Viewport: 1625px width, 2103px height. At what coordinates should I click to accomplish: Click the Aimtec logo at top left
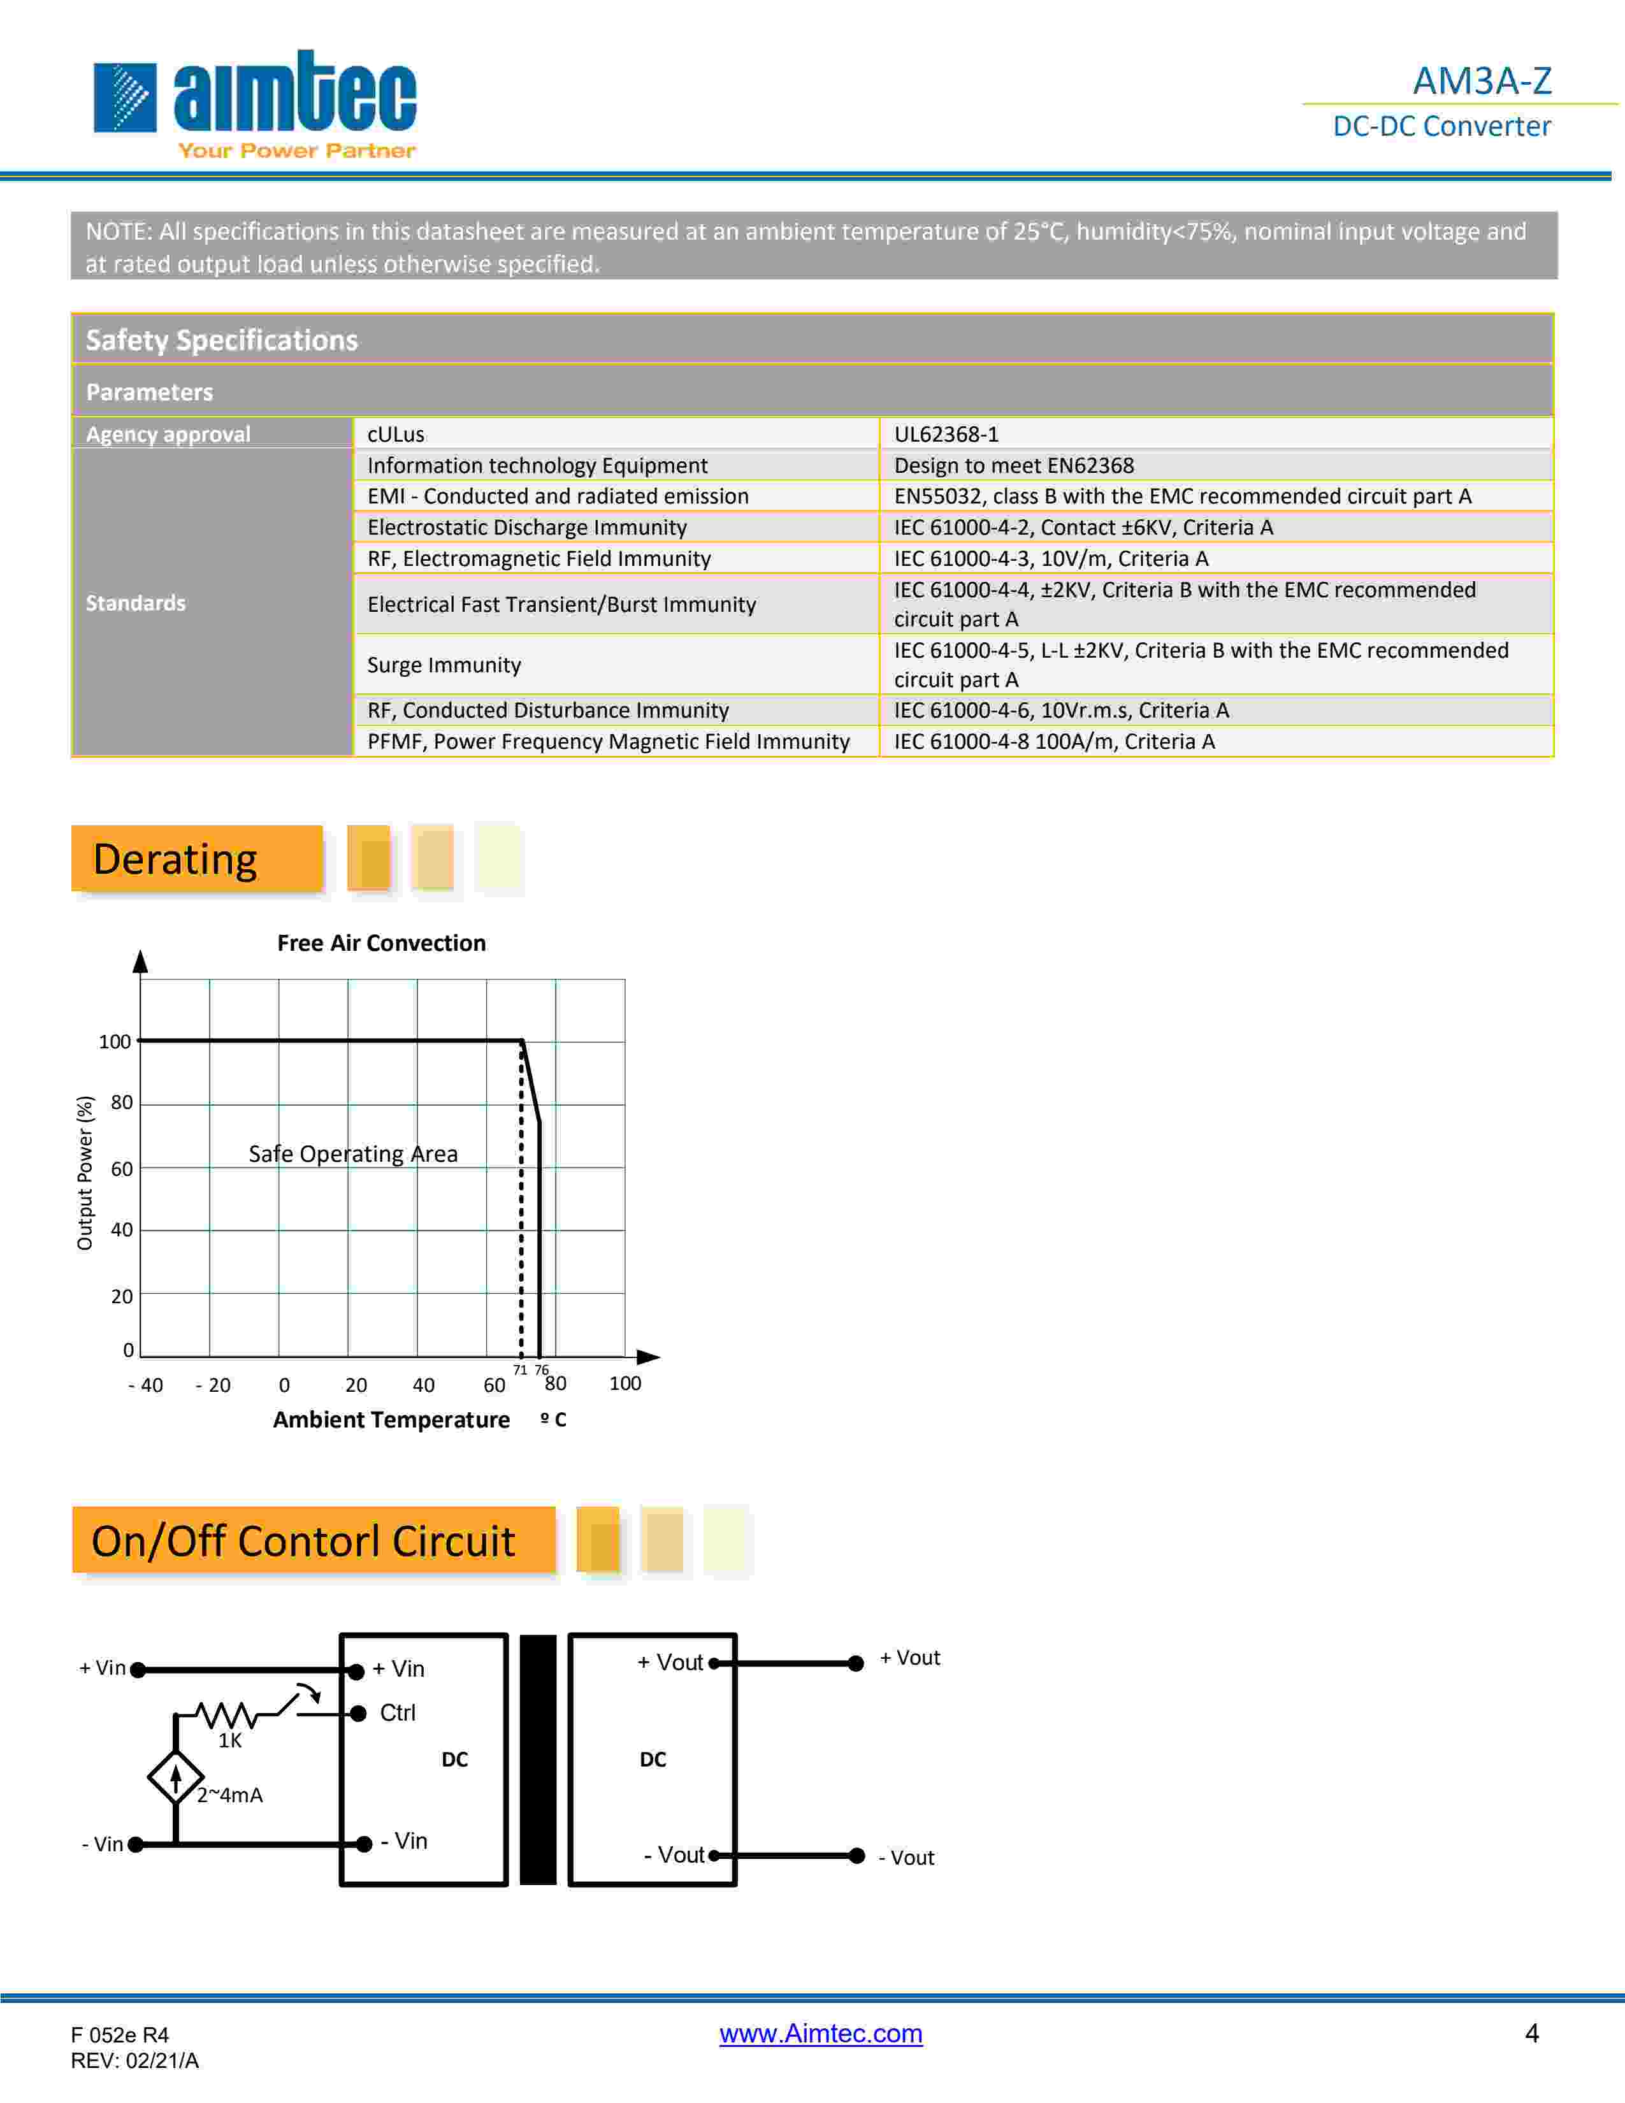[x=254, y=104]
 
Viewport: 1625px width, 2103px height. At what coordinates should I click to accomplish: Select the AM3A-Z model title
[x=1482, y=81]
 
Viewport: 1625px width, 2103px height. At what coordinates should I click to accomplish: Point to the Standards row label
[x=136, y=603]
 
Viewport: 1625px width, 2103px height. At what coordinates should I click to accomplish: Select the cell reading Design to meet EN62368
[x=1014, y=465]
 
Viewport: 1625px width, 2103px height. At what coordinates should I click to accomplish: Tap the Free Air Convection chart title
[x=381, y=943]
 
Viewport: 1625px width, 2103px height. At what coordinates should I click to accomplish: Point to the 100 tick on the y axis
[x=115, y=1041]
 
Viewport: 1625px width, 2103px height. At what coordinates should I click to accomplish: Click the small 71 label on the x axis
[x=520, y=1369]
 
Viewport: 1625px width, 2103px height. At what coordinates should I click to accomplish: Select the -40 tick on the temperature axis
[x=145, y=1385]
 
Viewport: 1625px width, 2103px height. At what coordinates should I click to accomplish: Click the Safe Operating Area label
[x=353, y=1153]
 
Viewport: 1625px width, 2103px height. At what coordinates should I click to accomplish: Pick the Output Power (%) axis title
[x=85, y=1173]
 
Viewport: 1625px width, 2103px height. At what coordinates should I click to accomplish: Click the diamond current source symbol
[x=175, y=1777]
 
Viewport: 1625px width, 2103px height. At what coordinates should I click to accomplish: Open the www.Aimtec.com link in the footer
[x=820, y=2033]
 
